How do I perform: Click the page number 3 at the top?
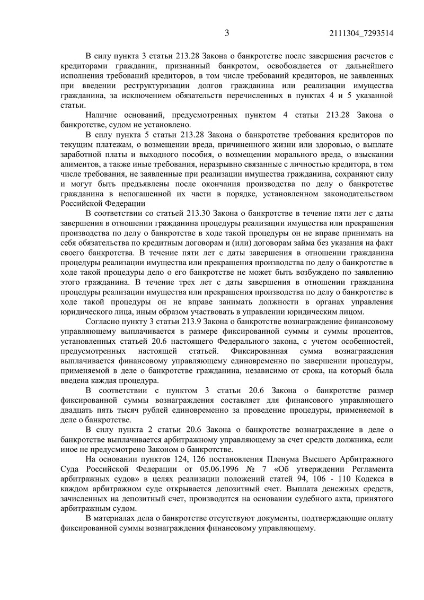point(226,34)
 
